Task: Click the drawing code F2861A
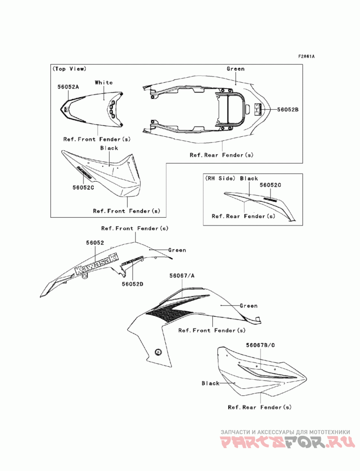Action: click(x=306, y=57)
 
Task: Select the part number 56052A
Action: click(x=68, y=87)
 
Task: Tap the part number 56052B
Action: click(x=288, y=109)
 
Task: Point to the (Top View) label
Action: click(x=69, y=69)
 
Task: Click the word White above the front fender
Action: click(x=103, y=82)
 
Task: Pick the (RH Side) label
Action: click(x=220, y=179)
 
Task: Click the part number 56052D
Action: click(x=132, y=284)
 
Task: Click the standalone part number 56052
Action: click(x=95, y=242)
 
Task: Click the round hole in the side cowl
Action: click(x=158, y=351)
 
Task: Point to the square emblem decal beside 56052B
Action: click(x=257, y=109)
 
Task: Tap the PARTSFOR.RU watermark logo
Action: click(x=288, y=443)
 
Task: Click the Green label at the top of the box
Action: click(x=235, y=69)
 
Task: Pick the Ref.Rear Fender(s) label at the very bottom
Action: click(x=260, y=408)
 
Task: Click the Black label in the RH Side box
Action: click(x=249, y=179)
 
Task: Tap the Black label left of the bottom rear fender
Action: click(x=210, y=383)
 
